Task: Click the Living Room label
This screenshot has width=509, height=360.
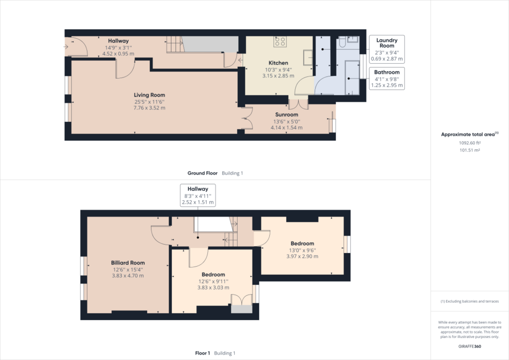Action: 149,95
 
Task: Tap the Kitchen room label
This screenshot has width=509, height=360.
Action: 278,63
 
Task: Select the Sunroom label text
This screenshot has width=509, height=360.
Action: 287,114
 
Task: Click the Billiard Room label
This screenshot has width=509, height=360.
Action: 128,263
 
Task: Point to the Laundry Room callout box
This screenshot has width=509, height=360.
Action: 387,49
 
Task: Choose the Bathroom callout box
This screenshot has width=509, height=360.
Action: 387,79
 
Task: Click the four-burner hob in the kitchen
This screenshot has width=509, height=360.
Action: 280,41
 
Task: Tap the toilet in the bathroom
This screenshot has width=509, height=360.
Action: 342,42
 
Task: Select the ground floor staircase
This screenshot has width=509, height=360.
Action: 175,44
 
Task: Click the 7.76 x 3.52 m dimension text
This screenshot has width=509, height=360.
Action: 149,108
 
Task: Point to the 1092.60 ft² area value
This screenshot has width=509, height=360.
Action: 470,143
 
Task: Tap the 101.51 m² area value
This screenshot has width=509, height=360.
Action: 470,150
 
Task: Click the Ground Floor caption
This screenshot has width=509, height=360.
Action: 203,173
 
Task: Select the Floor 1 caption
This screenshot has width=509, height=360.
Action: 203,353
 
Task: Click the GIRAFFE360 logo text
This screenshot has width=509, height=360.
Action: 470,347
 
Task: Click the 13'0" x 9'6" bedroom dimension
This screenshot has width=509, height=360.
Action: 302,250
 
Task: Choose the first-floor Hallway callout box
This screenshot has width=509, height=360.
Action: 198,195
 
